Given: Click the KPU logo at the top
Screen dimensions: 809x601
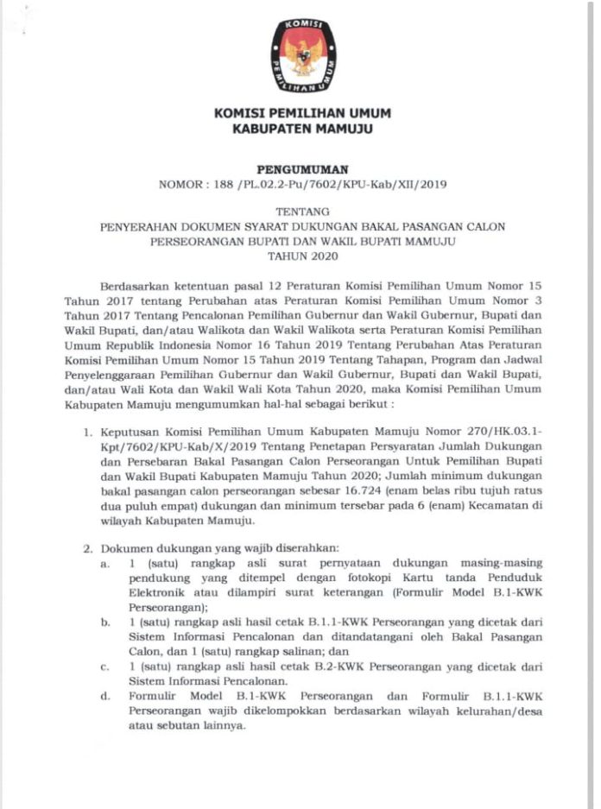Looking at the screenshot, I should click(301, 58).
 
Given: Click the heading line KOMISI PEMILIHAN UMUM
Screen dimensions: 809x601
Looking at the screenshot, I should click(301, 114).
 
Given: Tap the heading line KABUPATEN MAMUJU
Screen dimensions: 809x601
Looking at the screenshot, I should click(301, 130).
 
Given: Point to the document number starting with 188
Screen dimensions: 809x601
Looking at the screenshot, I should click(301, 185).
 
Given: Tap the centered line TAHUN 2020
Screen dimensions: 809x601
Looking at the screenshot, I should click(301, 256).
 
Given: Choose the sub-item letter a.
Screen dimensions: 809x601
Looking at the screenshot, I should click(104, 563).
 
